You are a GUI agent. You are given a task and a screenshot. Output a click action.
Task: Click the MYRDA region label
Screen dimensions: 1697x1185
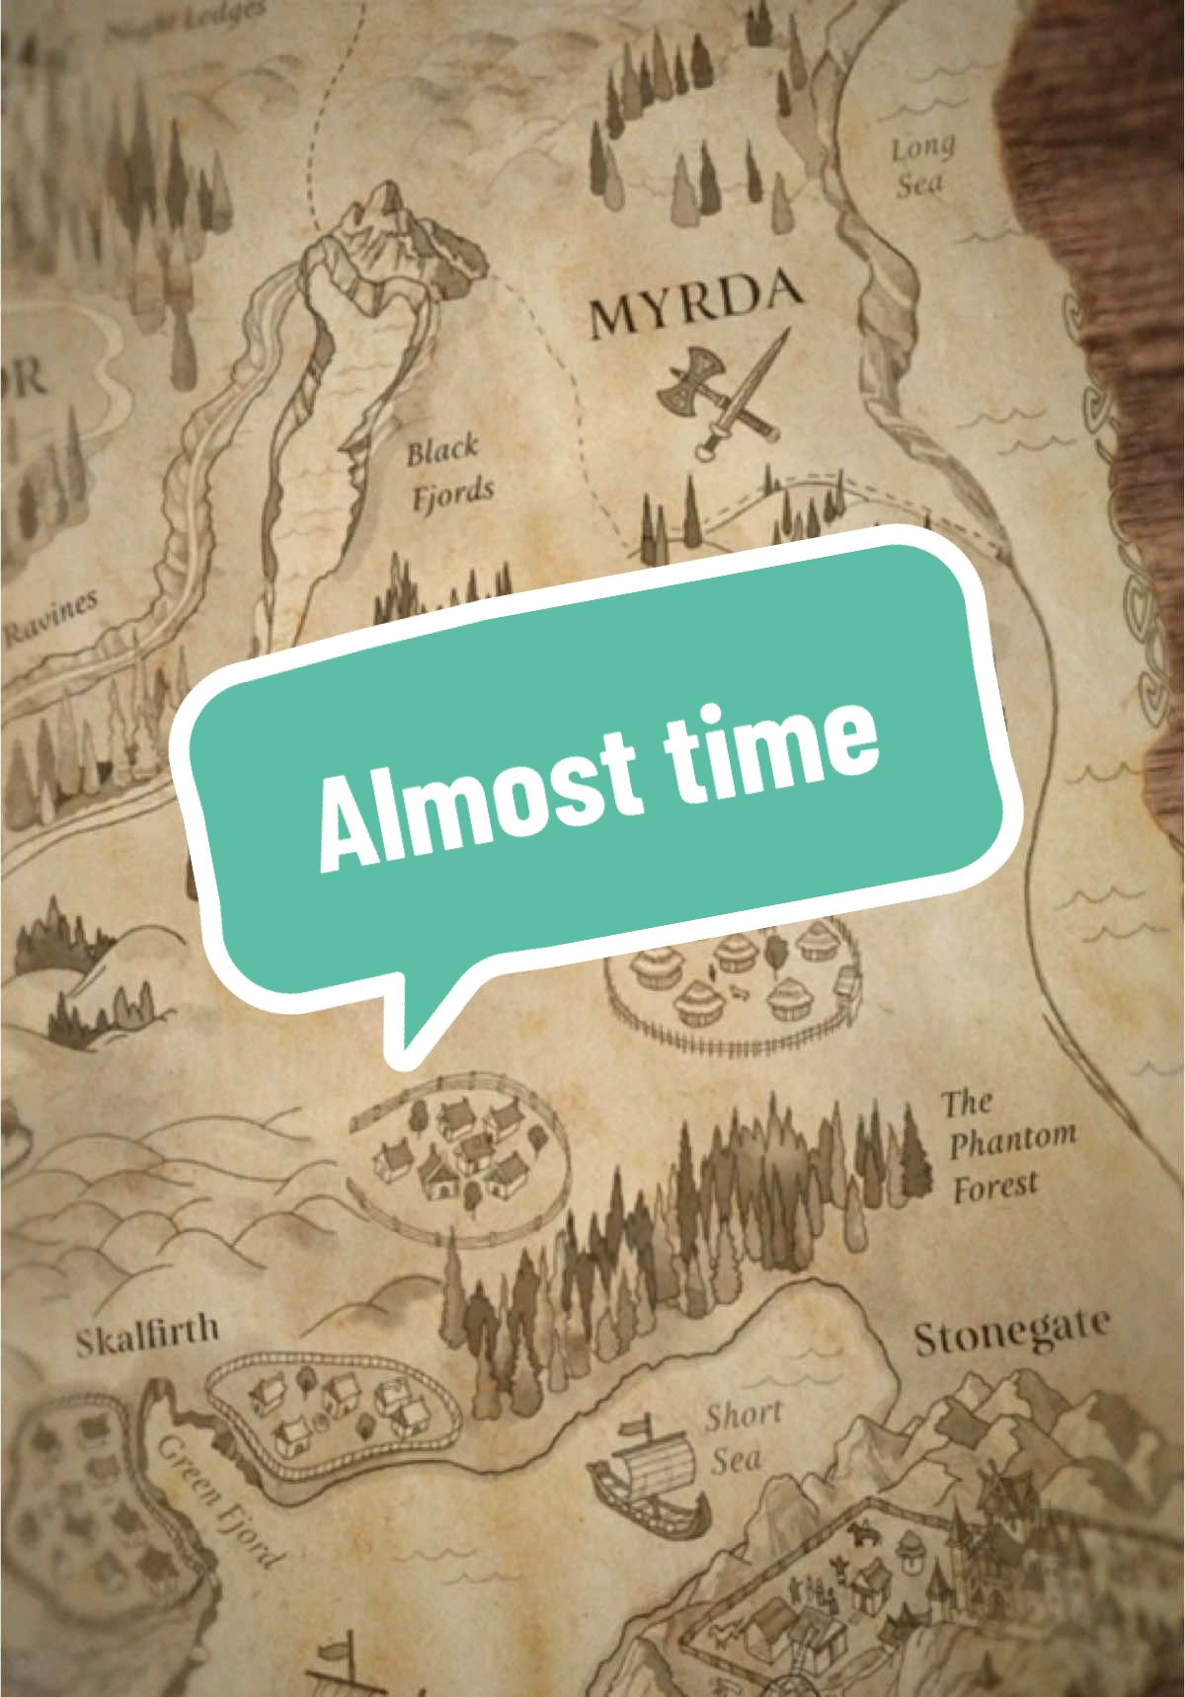point(694,308)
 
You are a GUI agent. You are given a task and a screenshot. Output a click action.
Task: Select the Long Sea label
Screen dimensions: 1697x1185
point(922,166)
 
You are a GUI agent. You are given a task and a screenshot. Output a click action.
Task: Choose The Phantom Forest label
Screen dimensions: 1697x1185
point(1005,1145)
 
